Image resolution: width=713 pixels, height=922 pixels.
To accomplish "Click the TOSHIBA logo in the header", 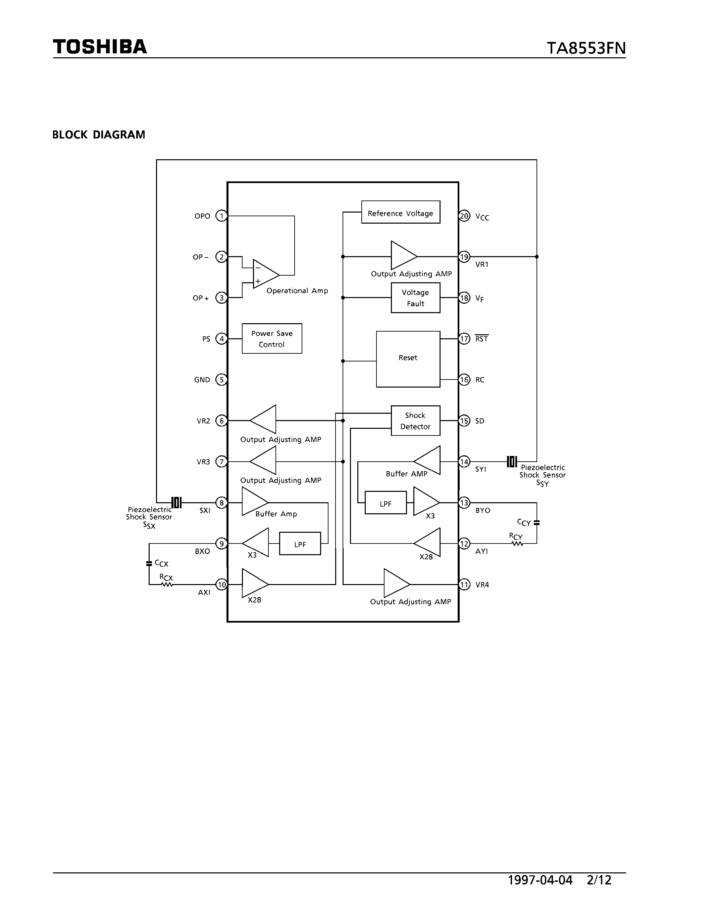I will tap(100, 47).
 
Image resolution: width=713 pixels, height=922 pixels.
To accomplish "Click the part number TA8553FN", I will tap(586, 48).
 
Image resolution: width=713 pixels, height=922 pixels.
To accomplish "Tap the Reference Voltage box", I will tap(400, 212).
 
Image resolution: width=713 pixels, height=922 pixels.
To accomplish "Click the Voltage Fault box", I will tap(415, 298).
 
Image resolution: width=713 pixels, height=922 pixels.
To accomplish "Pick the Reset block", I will tap(408, 358).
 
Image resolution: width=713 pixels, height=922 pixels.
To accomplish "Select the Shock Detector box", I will tap(415, 420).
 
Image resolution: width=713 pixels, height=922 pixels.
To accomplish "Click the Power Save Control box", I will tap(271, 339).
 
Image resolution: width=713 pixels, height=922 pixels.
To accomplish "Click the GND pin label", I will tap(202, 380).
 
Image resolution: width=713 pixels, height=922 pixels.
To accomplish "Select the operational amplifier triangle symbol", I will tap(265, 274).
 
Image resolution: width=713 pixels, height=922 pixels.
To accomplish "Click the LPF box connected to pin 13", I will tap(385, 503).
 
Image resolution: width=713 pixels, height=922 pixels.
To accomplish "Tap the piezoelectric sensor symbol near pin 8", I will tap(176, 502).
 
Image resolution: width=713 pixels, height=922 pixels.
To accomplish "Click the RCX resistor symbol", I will tap(167, 584).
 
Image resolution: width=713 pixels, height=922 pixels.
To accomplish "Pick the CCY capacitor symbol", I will tap(537, 523).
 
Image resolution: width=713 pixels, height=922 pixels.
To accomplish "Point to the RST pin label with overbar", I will tap(481, 339).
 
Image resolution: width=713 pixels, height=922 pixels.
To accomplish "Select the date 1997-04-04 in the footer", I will tap(540, 880).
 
